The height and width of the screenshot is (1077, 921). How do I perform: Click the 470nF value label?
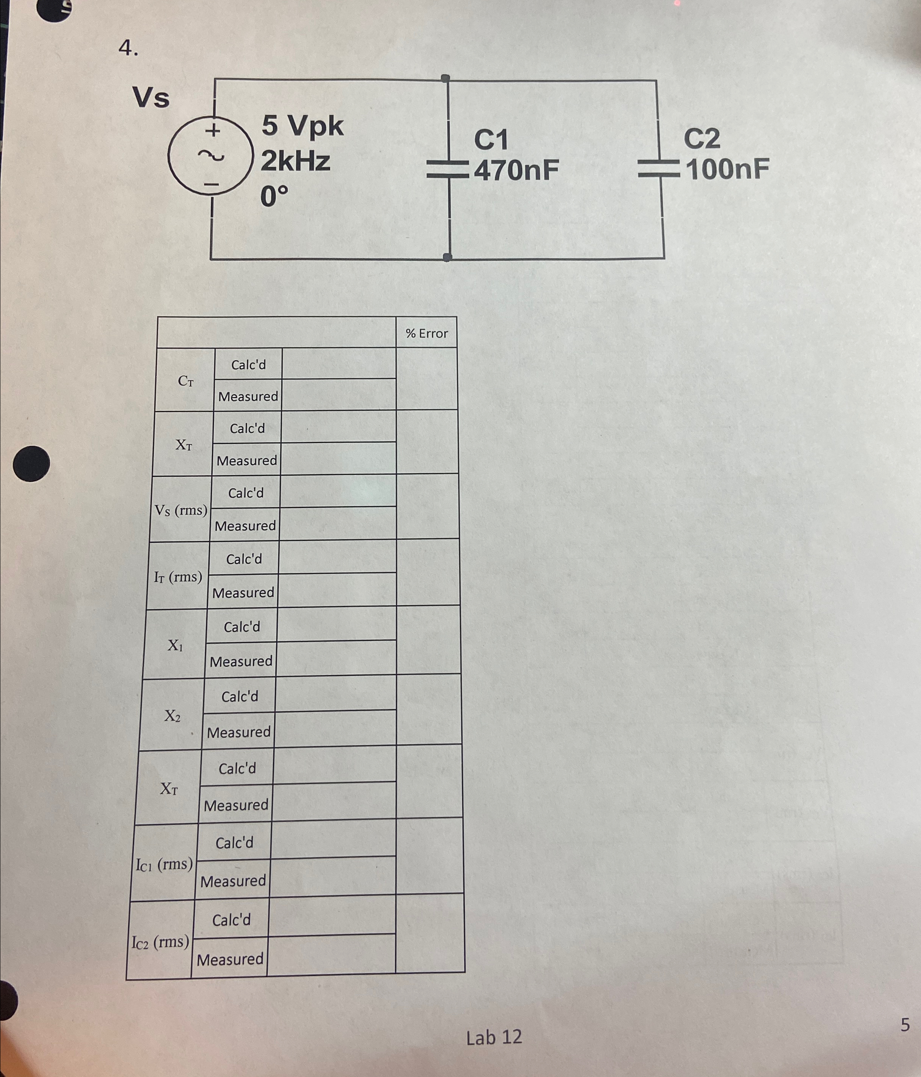tap(516, 170)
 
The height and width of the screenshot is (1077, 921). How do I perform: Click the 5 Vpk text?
tap(302, 126)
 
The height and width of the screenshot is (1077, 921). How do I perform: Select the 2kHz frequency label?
tap(295, 161)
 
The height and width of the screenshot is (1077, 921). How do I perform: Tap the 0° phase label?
tap(274, 196)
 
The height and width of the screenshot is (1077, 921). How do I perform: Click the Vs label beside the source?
tap(151, 97)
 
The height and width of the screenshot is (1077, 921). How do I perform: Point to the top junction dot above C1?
tap(445, 78)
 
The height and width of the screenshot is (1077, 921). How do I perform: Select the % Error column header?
tap(427, 333)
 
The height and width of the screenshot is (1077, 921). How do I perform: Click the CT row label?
tap(186, 381)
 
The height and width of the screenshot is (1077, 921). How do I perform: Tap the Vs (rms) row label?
tap(180, 510)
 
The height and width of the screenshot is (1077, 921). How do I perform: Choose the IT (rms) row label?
tap(178, 576)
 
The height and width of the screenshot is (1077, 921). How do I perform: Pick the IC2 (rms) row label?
tap(160, 941)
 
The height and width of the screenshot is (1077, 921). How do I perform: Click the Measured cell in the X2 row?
tap(239, 732)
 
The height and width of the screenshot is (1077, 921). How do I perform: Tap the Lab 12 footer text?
tap(494, 1037)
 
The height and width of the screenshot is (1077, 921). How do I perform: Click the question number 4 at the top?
tap(128, 49)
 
